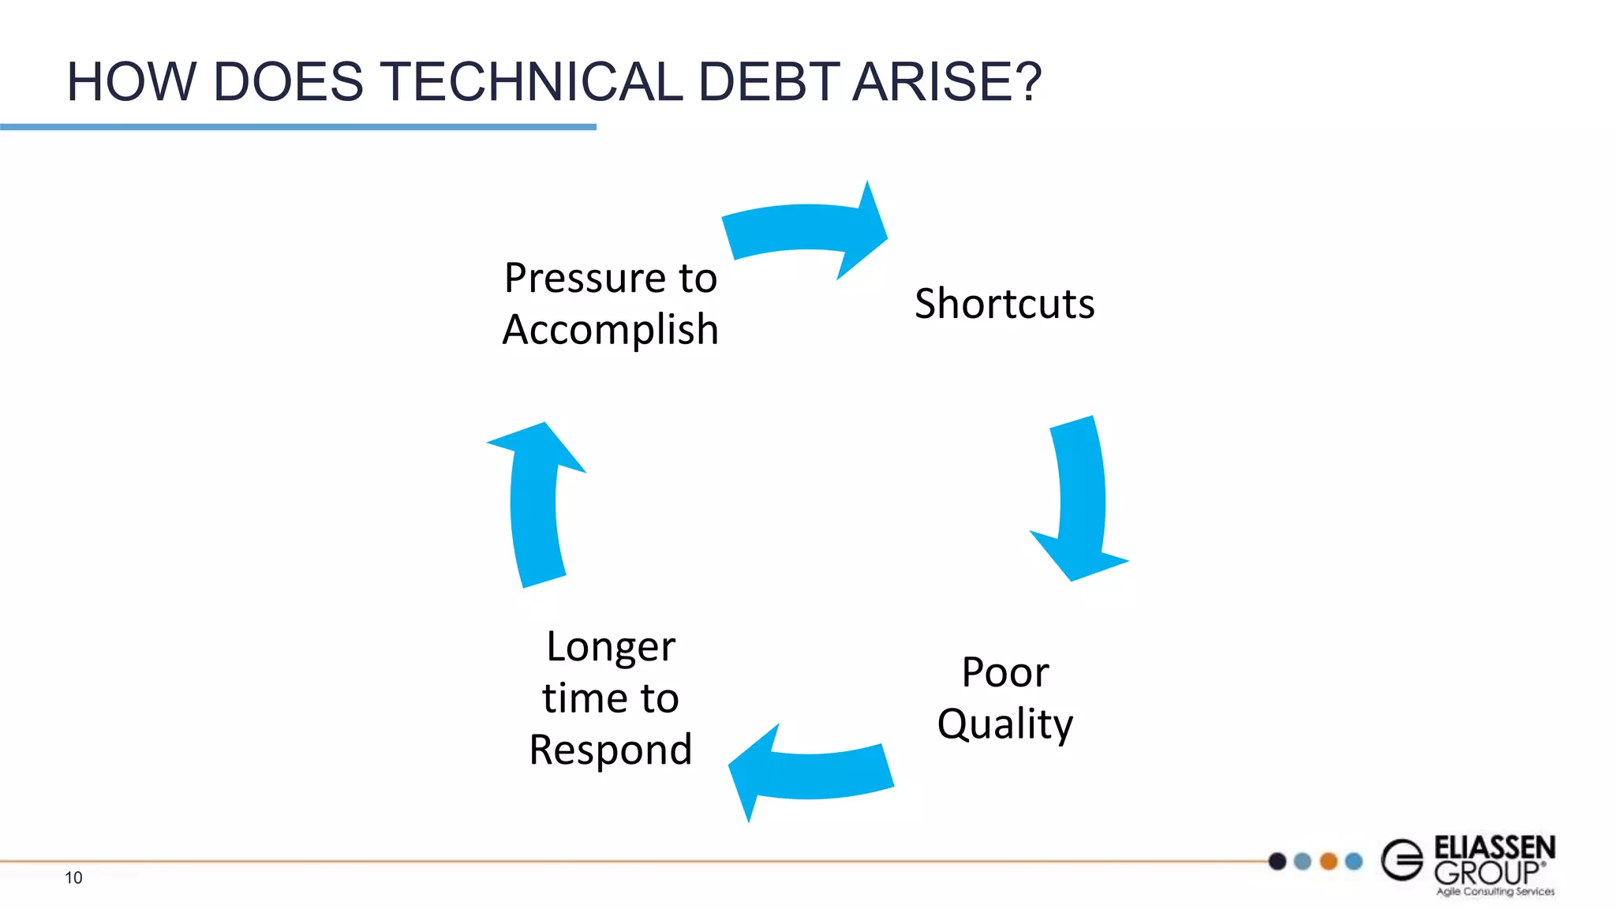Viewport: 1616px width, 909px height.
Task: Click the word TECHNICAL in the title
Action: [x=531, y=82]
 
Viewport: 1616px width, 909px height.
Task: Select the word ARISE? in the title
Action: [x=947, y=82]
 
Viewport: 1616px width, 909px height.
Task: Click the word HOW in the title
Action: [x=131, y=82]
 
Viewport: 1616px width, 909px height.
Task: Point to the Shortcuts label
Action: [x=1004, y=304]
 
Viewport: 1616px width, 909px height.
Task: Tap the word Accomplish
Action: [x=611, y=330]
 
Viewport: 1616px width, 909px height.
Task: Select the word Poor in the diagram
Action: [x=1005, y=672]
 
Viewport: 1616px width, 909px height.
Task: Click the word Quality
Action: [x=1005, y=724]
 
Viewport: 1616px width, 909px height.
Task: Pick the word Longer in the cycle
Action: [x=611, y=647]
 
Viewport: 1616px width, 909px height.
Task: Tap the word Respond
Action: [x=611, y=750]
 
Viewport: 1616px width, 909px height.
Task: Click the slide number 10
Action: [x=73, y=877]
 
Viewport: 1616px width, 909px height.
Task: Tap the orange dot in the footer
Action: [x=1329, y=861]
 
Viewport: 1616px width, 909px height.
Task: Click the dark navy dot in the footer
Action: [x=1277, y=861]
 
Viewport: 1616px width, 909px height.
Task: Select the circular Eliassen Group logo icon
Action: [x=1402, y=859]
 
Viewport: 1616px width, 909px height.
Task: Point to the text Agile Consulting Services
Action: [x=1495, y=892]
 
